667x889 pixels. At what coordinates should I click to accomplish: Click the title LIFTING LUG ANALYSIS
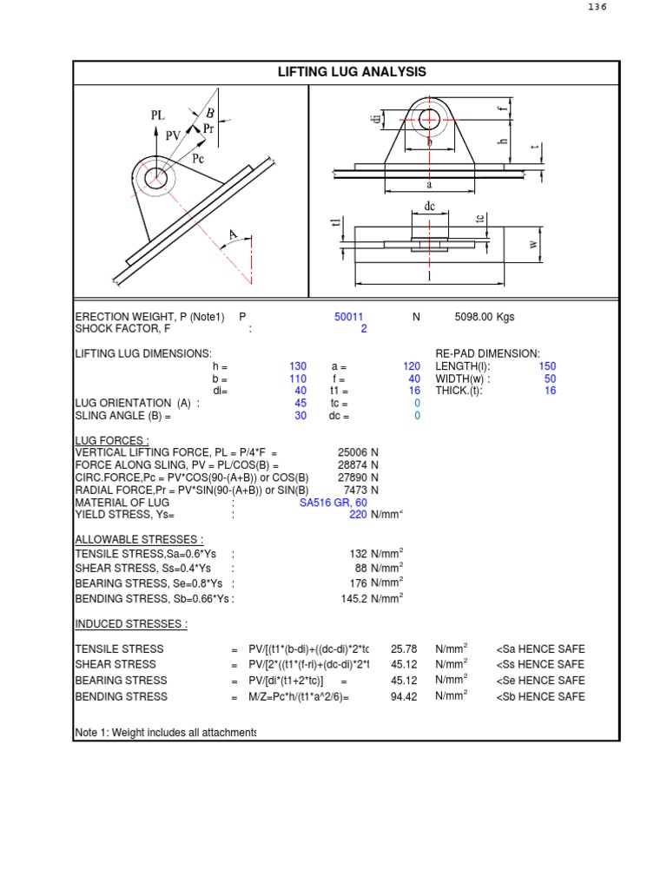click(x=352, y=72)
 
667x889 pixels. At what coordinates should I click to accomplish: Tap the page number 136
click(x=597, y=7)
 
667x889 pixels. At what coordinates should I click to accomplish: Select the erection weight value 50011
click(x=349, y=317)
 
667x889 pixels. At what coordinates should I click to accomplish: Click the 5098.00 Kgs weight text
click(x=484, y=317)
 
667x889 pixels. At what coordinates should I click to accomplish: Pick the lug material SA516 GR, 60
click(x=333, y=503)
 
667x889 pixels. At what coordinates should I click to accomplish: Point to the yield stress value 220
click(x=357, y=515)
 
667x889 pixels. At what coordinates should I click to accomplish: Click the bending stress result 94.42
click(x=404, y=696)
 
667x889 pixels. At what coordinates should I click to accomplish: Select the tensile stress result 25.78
click(x=404, y=649)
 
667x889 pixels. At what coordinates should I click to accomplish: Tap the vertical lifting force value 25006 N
click(x=358, y=452)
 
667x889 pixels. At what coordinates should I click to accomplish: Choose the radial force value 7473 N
click(x=360, y=490)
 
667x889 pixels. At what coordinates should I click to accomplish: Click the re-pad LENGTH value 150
click(x=547, y=366)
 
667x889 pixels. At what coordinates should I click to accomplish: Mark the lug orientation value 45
click(x=300, y=404)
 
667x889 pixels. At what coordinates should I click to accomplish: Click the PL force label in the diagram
click(x=157, y=115)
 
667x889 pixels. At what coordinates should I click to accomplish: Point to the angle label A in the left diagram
click(x=232, y=234)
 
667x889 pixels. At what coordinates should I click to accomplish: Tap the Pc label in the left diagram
click(x=198, y=159)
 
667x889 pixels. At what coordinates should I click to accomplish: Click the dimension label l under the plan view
click(x=429, y=275)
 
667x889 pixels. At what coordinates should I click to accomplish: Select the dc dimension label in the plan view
click(x=429, y=207)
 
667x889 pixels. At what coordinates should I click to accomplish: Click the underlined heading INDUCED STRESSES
click(x=130, y=624)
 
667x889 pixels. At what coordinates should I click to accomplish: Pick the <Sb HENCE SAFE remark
click(x=540, y=696)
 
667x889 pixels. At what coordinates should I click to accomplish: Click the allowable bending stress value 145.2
click(x=357, y=599)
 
